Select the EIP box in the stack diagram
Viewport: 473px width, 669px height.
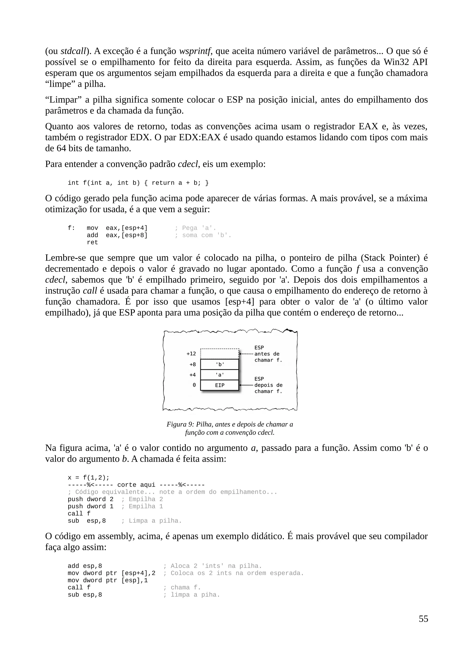point(219,385)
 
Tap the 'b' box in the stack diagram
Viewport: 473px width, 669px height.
point(219,364)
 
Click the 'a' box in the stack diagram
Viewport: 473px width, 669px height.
point(219,375)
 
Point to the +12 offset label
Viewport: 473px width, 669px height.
point(191,354)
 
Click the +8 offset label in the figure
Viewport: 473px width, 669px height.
point(192,364)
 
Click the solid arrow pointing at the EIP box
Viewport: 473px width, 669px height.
point(246,385)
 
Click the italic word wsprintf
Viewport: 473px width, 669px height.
point(194,51)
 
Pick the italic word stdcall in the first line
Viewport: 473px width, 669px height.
point(73,51)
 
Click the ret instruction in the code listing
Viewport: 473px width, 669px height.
point(92,242)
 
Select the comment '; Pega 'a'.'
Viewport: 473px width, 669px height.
point(195,228)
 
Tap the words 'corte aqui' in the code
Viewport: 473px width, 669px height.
point(136,485)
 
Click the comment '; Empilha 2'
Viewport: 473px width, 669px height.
point(142,499)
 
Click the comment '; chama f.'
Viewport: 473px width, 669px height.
point(182,588)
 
